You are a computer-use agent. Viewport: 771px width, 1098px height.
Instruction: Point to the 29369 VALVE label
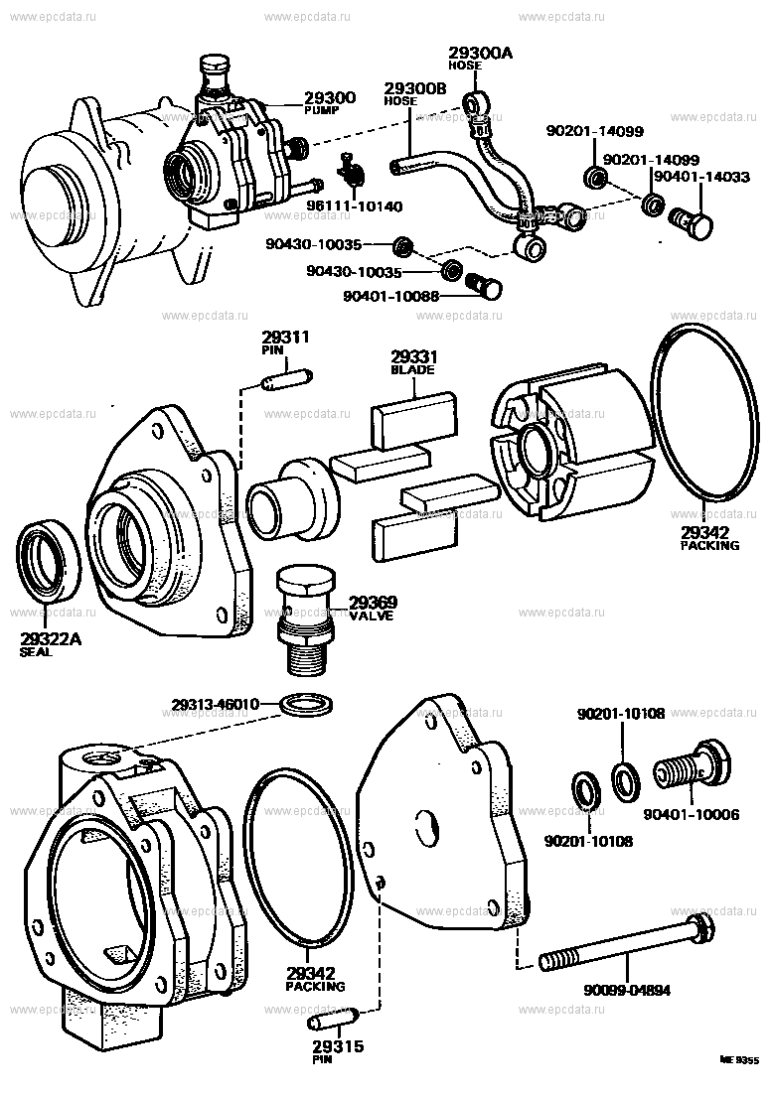click(373, 606)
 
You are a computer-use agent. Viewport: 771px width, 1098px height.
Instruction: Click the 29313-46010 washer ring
click(307, 706)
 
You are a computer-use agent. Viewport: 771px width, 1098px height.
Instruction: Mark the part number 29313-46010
click(214, 704)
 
